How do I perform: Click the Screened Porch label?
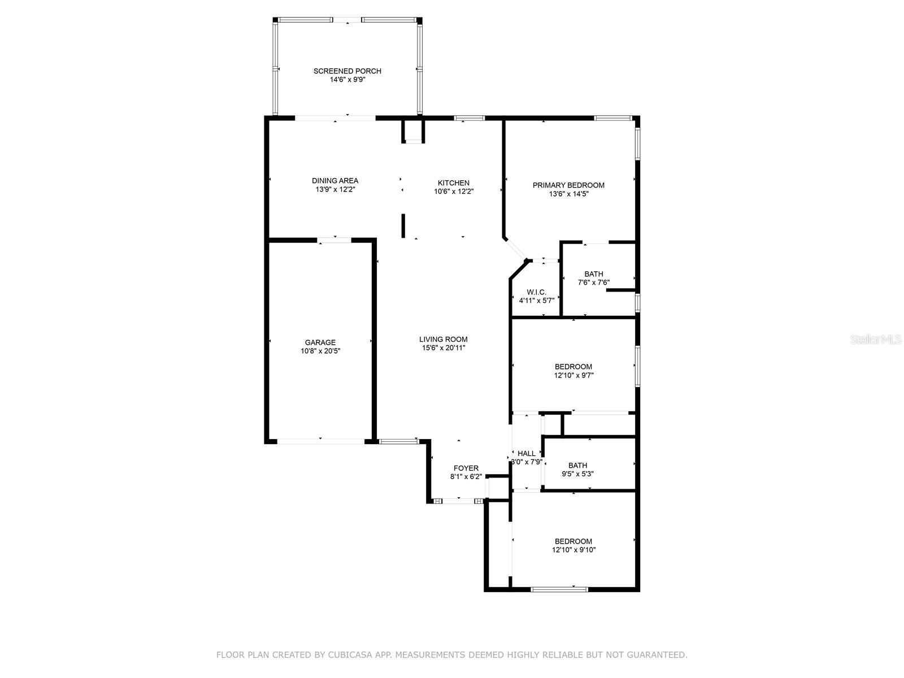click(347, 71)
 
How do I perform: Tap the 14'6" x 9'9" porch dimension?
click(347, 80)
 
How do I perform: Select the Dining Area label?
click(335, 181)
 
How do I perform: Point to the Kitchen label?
click(453, 183)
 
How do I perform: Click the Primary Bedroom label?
click(568, 185)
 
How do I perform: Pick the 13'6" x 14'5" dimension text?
click(568, 194)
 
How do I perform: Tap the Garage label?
click(320, 342)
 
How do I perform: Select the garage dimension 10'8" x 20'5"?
click(320, 351)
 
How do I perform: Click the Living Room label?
click(443, 340)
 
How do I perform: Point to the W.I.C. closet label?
click(536, 292)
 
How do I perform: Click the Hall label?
click(526, 453)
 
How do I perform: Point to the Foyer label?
click(466, 468)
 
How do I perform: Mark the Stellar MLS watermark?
click(876, 340)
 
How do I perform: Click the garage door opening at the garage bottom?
click(320, 440)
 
